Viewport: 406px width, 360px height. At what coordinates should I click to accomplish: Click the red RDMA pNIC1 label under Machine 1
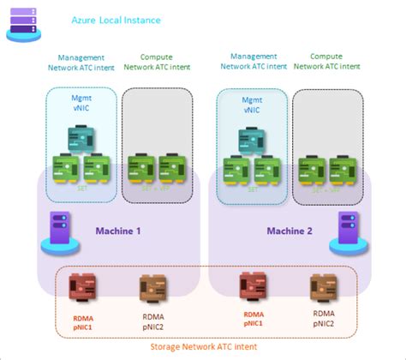click(83, 320)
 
